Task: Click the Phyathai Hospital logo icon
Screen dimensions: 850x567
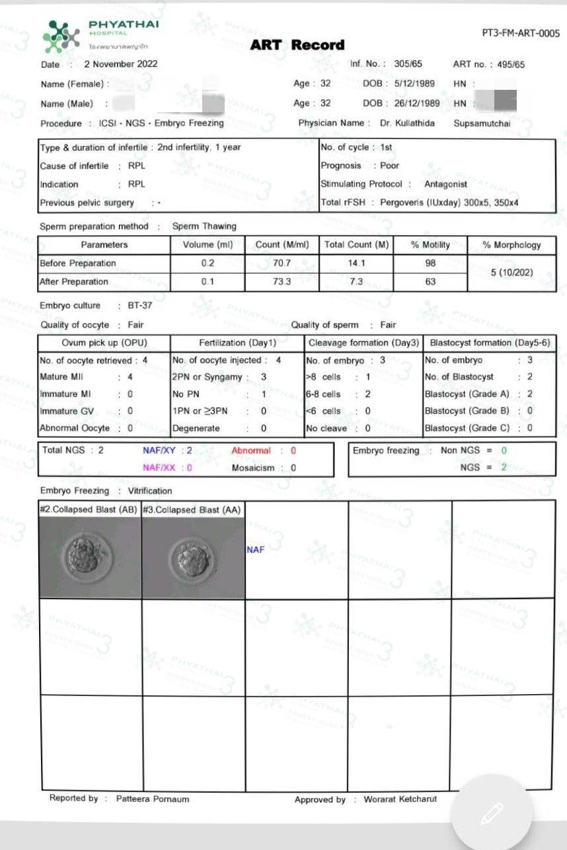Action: (61, 36)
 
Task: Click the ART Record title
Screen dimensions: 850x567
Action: (297, 45)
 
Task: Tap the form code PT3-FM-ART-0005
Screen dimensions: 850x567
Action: (521, 33)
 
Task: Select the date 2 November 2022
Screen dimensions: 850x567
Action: (121, 64)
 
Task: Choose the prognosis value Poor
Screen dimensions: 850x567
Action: (389, 166)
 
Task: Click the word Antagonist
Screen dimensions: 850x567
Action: (445, 184)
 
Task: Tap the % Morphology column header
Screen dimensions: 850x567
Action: (511, 245)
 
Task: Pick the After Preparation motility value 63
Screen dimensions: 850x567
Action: (430, 281)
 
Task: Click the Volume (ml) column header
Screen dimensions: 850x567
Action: (207, 245)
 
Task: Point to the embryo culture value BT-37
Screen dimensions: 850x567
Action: (140, 306)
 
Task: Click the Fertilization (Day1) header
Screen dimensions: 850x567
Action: (237, 343)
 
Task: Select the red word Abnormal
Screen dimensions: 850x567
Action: (251, 450)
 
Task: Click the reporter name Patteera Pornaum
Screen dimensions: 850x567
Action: (153, 798)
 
